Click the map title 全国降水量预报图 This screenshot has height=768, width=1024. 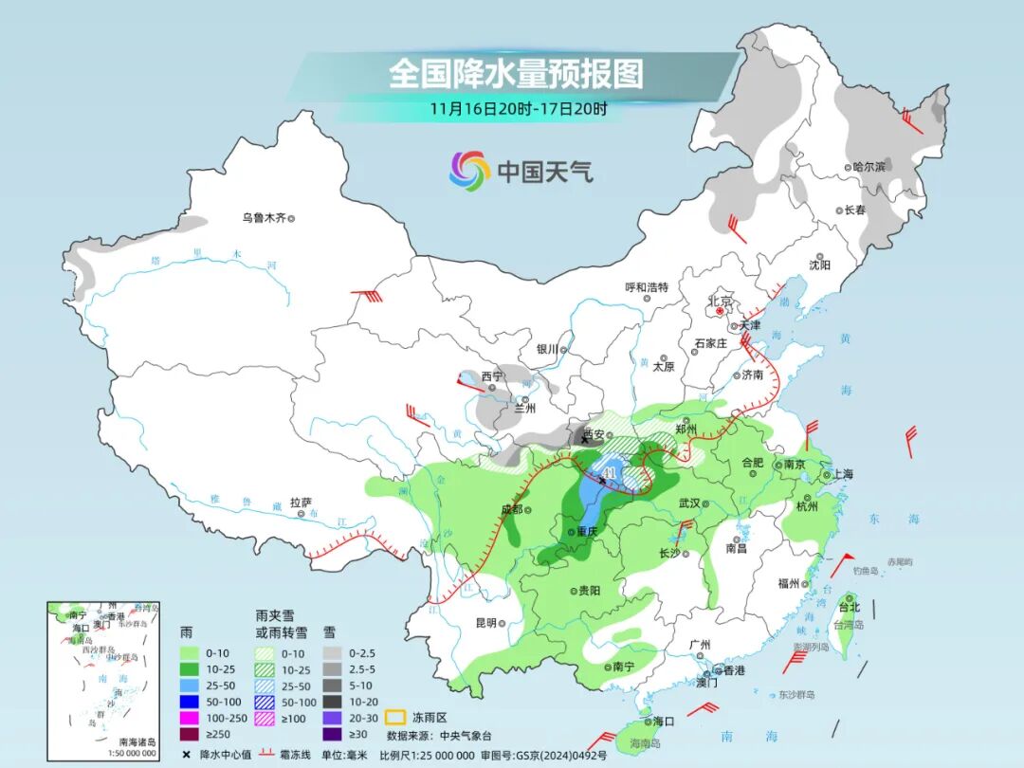click(516, 73)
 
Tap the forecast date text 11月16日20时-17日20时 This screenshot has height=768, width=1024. click(518, 108)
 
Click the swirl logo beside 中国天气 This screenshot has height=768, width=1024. click(469, 171)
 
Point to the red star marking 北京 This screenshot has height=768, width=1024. click(720, 310)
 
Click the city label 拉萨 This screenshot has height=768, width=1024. click(301, 503)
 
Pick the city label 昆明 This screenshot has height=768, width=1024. click(485, 623)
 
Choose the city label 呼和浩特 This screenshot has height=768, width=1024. click(647, 287)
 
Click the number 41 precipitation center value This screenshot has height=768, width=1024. click(609, 472)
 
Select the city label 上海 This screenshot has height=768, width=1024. click(844, 474)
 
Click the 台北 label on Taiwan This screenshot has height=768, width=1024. click(849, 607)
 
